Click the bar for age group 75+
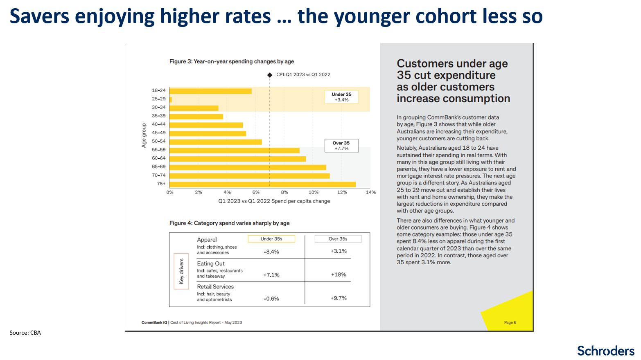click(x=262, y=184)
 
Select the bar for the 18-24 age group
click(x=210, y=91)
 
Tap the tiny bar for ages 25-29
click(x=171, y=99)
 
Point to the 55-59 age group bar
click(x=234, y=151)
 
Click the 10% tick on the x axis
click(x=314, y=192)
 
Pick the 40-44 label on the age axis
click(x=159, y=124)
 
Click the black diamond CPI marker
click(x=270, y=75)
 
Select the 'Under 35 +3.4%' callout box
click(x=341, y=97)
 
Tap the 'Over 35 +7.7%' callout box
click(x=341, y=146)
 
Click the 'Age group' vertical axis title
click(x=144, y=135)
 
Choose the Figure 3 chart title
click(x=232, y=61)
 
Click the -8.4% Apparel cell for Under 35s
click(x=271, y=252)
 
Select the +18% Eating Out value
click(x=339, y=274)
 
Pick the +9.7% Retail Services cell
click(x=339, y=298)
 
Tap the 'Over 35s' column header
click(x=338, y=239)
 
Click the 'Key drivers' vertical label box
click(x=181, y=271)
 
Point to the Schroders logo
click(x=605, y=351)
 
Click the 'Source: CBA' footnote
click(x=25, y=333)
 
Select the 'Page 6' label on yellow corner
click(x=510, y=322)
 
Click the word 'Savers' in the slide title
click(x=39, y=16)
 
